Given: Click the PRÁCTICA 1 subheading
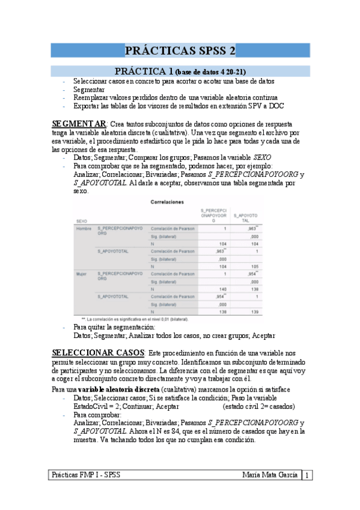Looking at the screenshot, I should (x=180, y=71).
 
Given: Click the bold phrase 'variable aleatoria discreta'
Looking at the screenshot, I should (x=113, y=389).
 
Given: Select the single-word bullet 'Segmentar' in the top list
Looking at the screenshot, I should (x=89, y=89).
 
